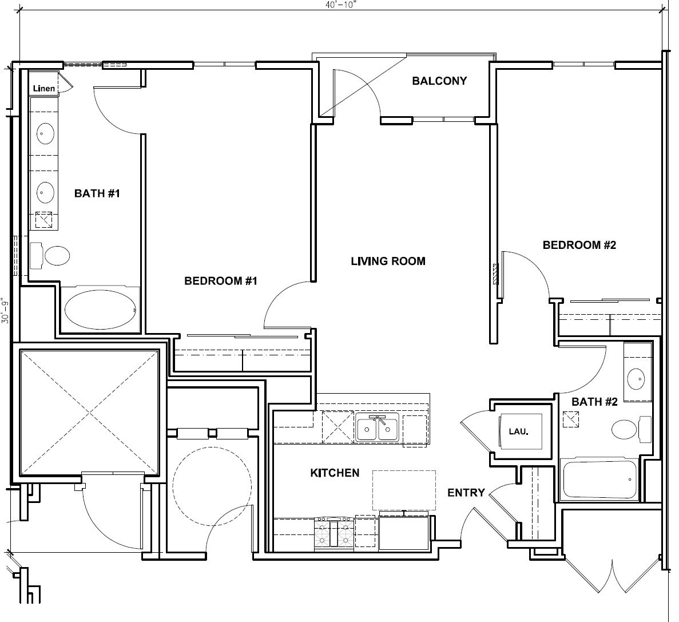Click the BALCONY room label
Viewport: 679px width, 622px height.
tap(439, 81)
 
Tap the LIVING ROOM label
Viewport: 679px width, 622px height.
tap(388, 262)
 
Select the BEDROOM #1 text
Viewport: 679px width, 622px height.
tap(221, 281)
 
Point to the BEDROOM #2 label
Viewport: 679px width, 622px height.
tap(579, 245)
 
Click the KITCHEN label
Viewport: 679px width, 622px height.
tap(335, 473)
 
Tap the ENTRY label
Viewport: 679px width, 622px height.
tap(466, 493)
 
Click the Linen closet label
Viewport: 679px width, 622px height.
tap(44, 89)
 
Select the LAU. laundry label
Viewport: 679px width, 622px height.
tap(518, 430)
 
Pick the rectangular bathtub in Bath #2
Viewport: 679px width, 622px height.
tap(600, 479)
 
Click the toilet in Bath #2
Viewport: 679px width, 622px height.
tap(630, 429)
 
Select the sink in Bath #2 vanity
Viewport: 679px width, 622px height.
tap(636, 378)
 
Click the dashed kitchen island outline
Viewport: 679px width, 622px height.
tap(404, 490)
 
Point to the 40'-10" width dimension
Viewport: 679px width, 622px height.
tap(342, 4)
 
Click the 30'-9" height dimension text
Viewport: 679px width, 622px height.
tap(6, 310)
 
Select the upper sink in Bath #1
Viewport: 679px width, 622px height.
tap(45, 134)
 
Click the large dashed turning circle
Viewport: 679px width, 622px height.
tap(212, 486)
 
